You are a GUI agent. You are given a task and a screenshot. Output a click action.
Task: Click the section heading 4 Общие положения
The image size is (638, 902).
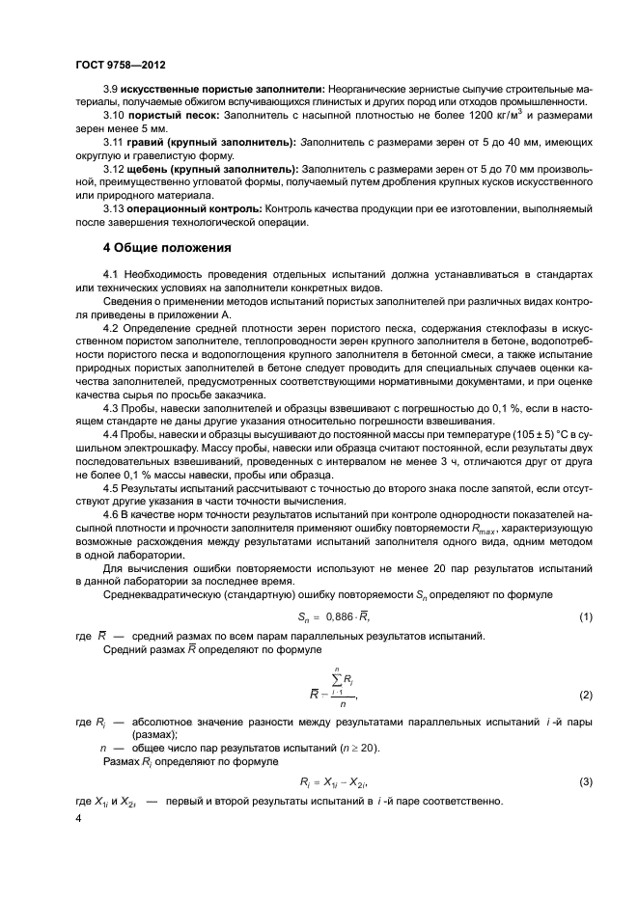tap(160, 248)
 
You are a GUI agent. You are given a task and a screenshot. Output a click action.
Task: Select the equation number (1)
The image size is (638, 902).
tap(586, 615)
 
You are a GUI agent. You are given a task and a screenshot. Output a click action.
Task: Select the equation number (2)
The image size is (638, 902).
tap(586, 694)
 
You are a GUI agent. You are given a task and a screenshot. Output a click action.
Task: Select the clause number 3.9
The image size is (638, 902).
tap(112, 89)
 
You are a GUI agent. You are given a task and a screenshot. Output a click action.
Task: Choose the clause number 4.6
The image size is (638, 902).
tap(111, 513)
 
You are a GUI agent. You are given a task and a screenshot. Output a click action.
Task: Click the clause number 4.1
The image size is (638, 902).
tap(111, 275)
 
